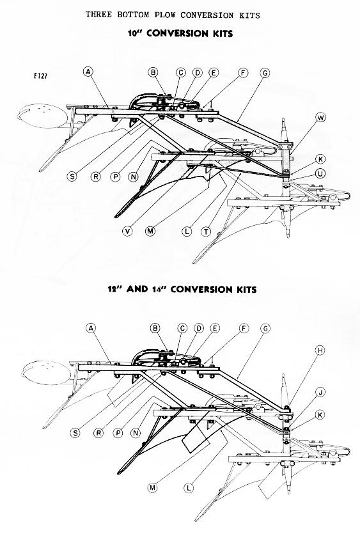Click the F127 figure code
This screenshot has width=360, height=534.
pyautogui.click(x=40, y=76)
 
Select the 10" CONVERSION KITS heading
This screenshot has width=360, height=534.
pyautogui.click(x=180, y=33)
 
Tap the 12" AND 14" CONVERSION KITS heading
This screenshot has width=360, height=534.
pyautogui.click(x=182, y=290)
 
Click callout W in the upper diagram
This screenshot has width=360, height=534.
pyautogui.click(x=320, y=118)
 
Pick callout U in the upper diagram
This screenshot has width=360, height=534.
pyautogui.click(x=320, y=173)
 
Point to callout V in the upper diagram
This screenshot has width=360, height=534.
pyautogui.click(x=127, y=232)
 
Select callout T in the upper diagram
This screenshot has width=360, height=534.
pyautogui.click(x=206, y=232)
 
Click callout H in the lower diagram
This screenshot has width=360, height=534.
pyautogui.click(x=320, y=350)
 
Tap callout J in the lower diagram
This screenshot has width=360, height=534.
pyautogui.click(x=320, y=392)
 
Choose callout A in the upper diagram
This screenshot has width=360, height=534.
pyautogui.click(x=88, y=72)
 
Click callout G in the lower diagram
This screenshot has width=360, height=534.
pyautogui.click(x=265, y=329)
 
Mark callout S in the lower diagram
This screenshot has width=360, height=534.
pyautogui.click(x=75, y=433)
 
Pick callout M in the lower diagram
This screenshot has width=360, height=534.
pyautogui.click(x=153, y=488)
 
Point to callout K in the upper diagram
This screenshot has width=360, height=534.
pyautogui.click(x=320, y=159)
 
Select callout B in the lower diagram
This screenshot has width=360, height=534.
pyautogui.click(x=155, y=328)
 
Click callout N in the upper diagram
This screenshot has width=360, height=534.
pyautogui.click(x=134, y=177)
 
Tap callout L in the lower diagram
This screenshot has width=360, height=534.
pyautogui.click(x=189, y=488)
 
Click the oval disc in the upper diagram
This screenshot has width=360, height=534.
pyautogui.click(x=42, y=116)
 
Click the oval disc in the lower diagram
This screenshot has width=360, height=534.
pyautogui.click(x=46, y=373)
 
